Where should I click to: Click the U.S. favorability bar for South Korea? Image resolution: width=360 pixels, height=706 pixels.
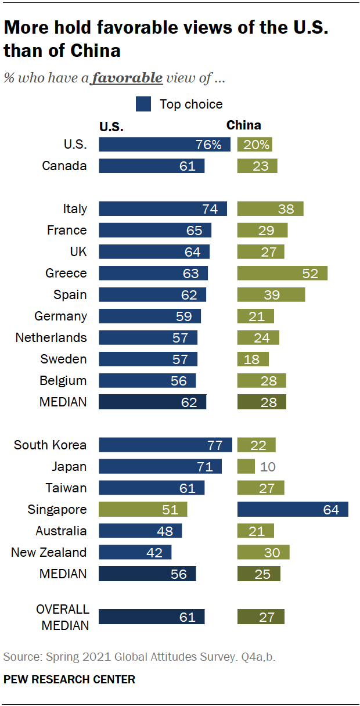coord(165,445)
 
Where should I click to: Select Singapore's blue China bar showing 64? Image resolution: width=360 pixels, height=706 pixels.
coord(293,510)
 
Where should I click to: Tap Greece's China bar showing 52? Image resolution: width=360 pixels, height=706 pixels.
coord(282,273)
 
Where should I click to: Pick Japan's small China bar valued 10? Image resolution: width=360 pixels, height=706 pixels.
coord(246,467)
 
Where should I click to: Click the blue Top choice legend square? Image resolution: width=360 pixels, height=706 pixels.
coord(143,105)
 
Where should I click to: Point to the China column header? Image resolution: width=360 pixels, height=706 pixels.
coord(243,125)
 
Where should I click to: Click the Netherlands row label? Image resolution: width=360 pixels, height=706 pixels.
coord(51,338)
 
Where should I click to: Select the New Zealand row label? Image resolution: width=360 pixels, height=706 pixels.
coord(49,553)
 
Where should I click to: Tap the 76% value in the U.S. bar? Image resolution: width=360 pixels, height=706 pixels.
coord(208,145)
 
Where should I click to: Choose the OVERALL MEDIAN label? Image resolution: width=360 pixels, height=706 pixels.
coord(63,617)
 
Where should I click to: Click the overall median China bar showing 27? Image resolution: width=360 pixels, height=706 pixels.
coord(261,617)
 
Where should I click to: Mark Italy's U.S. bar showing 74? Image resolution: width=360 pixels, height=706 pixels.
coord(163,209)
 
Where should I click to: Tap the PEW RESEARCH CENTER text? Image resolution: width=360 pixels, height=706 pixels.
coord(69,679)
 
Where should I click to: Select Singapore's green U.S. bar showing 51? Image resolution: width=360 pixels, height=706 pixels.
coord(143,510)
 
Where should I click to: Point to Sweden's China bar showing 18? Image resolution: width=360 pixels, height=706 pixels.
coord(253,359)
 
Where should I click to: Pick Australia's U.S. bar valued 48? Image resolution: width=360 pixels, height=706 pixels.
coord(140,531)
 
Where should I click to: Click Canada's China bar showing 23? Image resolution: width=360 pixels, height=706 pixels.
coord(257,166)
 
